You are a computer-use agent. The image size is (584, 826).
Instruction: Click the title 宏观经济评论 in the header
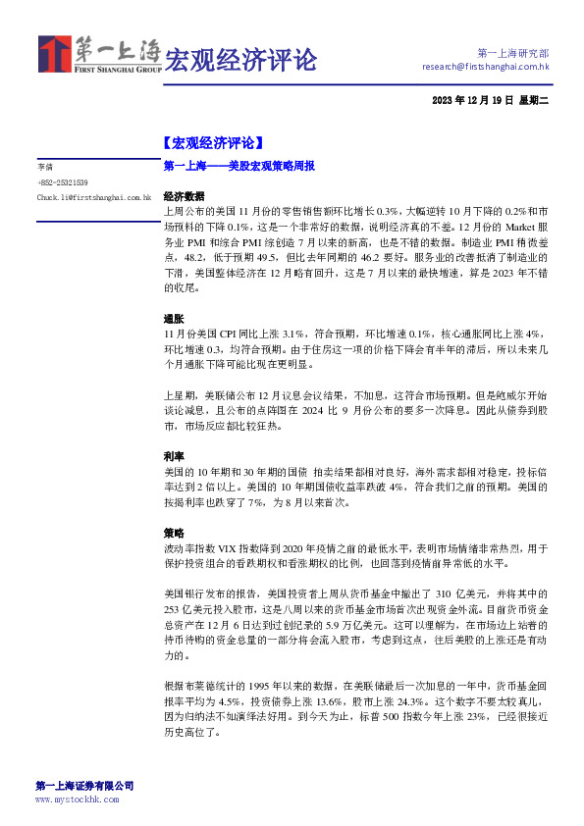[x=240, y=60]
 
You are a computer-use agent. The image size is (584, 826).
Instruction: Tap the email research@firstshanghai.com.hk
[x=485, y=67]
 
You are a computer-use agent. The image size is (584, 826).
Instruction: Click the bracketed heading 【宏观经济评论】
[x=212, y=141]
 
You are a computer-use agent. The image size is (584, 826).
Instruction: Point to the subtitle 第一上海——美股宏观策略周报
[x=239, y=167]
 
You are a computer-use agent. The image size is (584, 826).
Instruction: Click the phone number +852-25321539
[x=63, y=182]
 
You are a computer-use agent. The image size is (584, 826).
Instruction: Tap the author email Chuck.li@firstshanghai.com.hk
[x=93, y=197]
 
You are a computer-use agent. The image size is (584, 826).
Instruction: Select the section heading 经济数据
[x=184, y=196]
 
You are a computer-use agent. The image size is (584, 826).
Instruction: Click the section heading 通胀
[x=173, y=319]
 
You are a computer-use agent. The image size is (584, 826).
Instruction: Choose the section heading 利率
[x=173, y=456]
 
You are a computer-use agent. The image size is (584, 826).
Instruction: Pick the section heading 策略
[x=173, y=533]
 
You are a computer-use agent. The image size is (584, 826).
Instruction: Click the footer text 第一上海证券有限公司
[x=84, y=786]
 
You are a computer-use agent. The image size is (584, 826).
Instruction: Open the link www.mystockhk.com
[x=78, y=800]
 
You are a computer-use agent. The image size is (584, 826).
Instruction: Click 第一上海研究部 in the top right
[x=512, y=52]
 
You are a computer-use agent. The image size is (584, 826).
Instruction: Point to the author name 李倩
[x=45, y=168]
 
